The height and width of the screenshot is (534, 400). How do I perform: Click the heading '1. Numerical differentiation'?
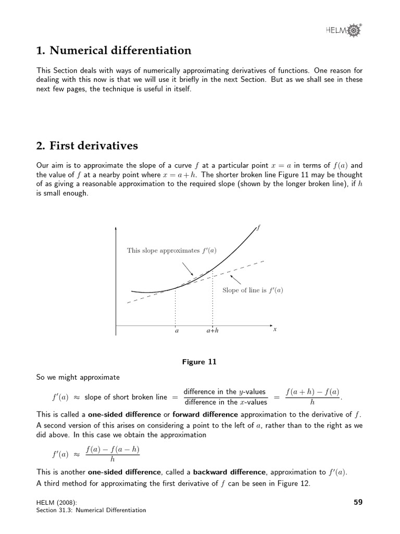tap(114, 51)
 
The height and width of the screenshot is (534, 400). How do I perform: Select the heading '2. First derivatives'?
tap(87, 145)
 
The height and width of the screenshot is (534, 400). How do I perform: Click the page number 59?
tap(357, 502)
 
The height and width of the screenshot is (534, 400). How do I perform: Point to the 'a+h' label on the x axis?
tap(213, 331)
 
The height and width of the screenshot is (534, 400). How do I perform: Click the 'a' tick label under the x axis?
tap(176, 331)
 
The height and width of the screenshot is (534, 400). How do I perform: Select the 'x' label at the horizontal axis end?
tap(274, 329)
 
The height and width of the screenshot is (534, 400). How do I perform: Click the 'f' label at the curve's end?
tap(259, 227)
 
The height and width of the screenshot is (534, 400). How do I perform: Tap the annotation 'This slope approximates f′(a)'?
tap(172, 250)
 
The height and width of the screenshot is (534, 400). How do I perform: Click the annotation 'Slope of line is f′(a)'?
tap(253, 290)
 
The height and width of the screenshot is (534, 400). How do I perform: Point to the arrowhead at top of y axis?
tap(116, 229)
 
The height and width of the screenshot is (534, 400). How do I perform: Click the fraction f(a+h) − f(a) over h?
tap(312, 396)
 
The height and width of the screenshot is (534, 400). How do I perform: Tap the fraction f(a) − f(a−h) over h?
tap(113, 454)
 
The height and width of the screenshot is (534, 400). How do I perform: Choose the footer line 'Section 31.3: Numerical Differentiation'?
tap(91, 510)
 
